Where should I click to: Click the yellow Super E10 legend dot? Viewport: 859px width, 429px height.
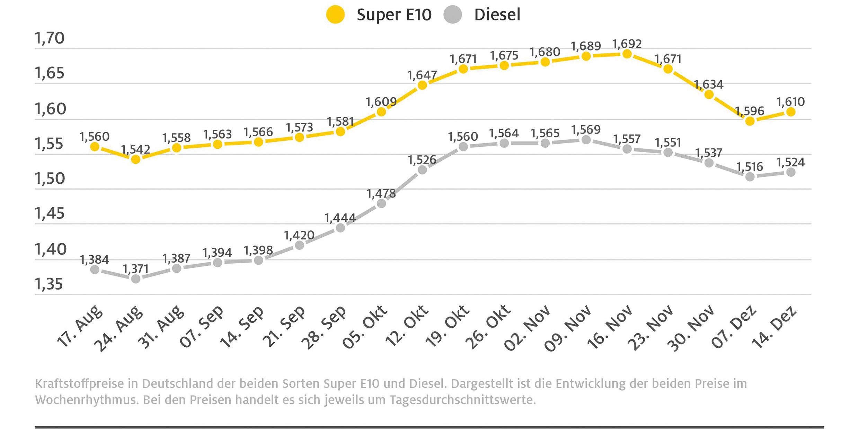click(x=335, y=15)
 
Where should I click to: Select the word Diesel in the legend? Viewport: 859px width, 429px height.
click(x=497, y=15)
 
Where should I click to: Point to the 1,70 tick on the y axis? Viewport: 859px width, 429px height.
click(x=50, y=38)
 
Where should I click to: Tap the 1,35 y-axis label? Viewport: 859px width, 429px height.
click(x=49, y=284)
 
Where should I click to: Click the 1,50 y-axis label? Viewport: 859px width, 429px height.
click(x=50, y=179)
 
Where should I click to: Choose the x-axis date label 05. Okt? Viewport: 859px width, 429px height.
click(x=364, y=327)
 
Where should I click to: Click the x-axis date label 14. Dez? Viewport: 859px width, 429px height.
click(x=774, y=327)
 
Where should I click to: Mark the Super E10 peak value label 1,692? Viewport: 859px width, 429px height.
click(x=627, y=44)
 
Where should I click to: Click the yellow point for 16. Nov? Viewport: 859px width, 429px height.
click(x=627, y=54)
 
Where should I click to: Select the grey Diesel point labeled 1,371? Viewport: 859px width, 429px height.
click(x=136, y=279)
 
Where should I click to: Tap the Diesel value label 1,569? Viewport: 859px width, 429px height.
click(x=586, y=130)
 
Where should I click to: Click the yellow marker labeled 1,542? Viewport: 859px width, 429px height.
click(x=136, y=159)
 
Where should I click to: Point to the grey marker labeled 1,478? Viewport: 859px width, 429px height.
click(x=381, y=203)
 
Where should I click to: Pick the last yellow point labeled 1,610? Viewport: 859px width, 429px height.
click(x=791, y=112)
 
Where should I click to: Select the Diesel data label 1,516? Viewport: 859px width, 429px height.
click(x=750, y=167)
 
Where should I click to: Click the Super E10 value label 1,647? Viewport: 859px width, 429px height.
click(x=422, y=75)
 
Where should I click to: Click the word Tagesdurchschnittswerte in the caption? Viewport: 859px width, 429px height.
click(x=462, y=400)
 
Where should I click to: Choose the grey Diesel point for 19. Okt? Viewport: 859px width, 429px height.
click(x=463, y=147)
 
